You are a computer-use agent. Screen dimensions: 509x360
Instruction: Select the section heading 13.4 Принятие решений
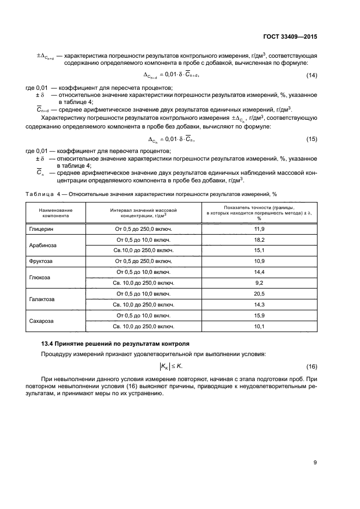coord(115,344)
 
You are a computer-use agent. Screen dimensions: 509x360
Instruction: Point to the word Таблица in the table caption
coord(40,194)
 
